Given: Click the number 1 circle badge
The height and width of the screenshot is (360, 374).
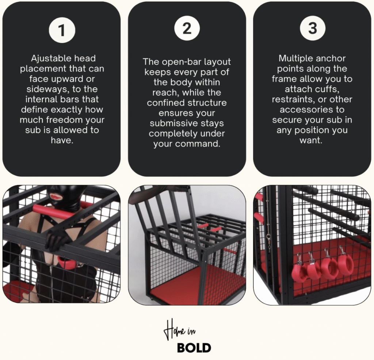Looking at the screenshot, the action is pyautogui.click(x=62, y=30).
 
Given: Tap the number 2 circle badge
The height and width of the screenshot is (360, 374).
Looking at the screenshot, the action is pyautogui.click(x=187, y=28).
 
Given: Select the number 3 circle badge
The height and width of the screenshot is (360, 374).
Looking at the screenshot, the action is pyautogui.click(x=313, y=28).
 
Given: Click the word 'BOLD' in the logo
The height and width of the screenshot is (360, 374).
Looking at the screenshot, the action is pyautogui.click(x=194, y=348).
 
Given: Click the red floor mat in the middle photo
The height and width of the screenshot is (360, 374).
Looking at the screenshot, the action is pyautogui.click(x=194, y=284).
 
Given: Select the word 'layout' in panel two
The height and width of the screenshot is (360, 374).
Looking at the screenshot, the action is pyautogui.click(x=217, y=62).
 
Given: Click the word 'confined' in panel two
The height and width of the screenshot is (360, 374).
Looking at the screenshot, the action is pyautogui.click(x=165, y=103).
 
